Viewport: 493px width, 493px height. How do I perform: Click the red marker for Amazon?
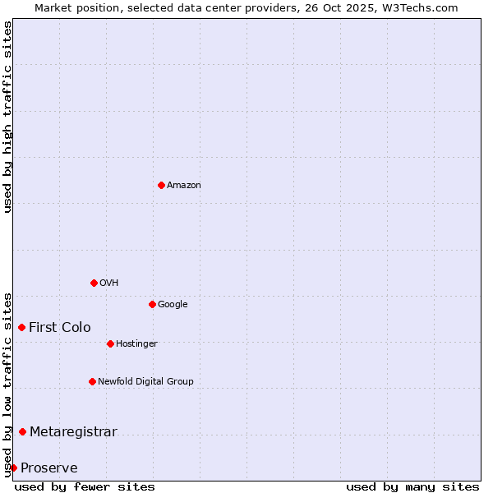161,185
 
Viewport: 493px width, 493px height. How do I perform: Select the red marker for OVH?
94,283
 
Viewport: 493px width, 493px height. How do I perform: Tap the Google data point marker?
152,304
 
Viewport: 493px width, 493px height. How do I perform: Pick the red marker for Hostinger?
110,343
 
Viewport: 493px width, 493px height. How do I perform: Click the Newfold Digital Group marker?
92,381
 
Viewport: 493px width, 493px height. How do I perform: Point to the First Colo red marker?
21,327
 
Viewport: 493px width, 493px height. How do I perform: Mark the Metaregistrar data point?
22,431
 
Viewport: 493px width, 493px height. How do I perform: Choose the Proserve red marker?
13,468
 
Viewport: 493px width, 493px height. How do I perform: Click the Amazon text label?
184,185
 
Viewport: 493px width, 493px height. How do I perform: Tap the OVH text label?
109,283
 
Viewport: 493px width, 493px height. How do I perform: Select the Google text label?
173,304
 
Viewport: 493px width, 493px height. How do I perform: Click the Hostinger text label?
136,343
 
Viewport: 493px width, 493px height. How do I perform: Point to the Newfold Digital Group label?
145,381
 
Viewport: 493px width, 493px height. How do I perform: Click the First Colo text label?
60,327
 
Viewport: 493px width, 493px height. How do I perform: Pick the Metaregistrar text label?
73,431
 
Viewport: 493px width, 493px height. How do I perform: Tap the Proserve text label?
49,468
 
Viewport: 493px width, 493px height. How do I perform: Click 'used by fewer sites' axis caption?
85,486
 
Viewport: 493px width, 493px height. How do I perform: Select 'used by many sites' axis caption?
412,486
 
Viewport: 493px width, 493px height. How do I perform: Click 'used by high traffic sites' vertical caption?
7,117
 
